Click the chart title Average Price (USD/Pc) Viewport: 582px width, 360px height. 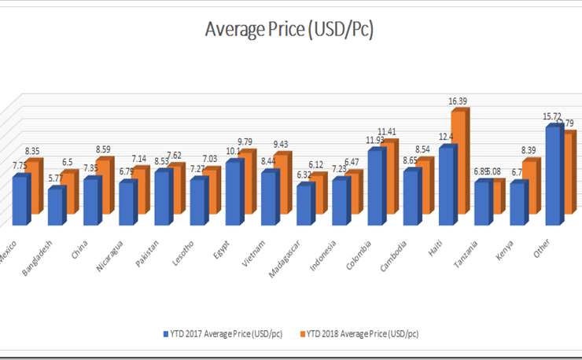pos(289,30)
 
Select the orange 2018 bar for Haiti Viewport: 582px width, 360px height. pos(459,165)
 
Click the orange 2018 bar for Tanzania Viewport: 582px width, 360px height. pos(496,197)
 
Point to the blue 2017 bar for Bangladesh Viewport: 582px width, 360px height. pos(55,205)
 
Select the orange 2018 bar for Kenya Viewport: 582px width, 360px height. pos(532,187)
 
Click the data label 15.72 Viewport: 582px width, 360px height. pos(553,116)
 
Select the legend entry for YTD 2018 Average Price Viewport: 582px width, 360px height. pos(360,333)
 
